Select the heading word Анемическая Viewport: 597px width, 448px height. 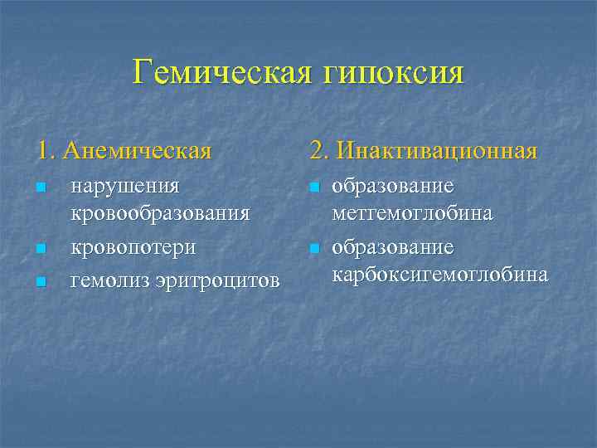coord(137,152)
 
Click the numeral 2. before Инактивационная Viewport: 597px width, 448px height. coord(318,151)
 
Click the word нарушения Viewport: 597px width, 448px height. coord(125,187)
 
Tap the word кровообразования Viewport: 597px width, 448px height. coord(160,213)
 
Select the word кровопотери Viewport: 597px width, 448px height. coord(133,248)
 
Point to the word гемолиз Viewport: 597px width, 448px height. coord(105,282)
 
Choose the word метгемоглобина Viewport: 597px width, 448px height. coord(412,213)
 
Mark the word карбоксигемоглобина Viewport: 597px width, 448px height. coord(439,275)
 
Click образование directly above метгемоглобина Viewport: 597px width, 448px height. coord(391,187)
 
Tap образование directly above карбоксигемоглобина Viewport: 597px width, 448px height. coord(391,248)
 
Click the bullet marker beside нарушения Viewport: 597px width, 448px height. coord(41,189)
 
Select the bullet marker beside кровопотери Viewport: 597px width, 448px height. coord(41,249)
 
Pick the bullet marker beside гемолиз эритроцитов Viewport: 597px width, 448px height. coord(41,283)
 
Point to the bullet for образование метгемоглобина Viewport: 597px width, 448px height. coord(314,189)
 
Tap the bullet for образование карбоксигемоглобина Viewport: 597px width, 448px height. coord(314,249)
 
